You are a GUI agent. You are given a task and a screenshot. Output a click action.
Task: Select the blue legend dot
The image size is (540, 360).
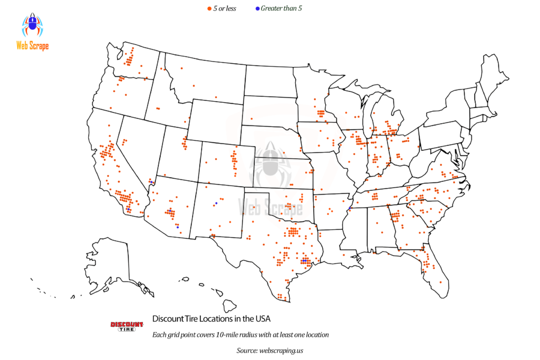pos(257,8)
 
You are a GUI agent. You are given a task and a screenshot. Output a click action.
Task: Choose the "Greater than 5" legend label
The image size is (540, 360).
pos(281,8)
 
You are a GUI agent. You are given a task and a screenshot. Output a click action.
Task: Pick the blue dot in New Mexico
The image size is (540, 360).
pos(216,203)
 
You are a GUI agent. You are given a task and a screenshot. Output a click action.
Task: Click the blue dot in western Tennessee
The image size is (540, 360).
pos(350,209)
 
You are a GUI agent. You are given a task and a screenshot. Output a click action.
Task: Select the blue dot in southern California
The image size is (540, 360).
pos(129,210)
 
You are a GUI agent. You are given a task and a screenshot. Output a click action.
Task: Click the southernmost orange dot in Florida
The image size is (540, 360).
pos(440,282)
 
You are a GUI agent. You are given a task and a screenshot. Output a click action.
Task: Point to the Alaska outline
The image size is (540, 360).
pos(113,264)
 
